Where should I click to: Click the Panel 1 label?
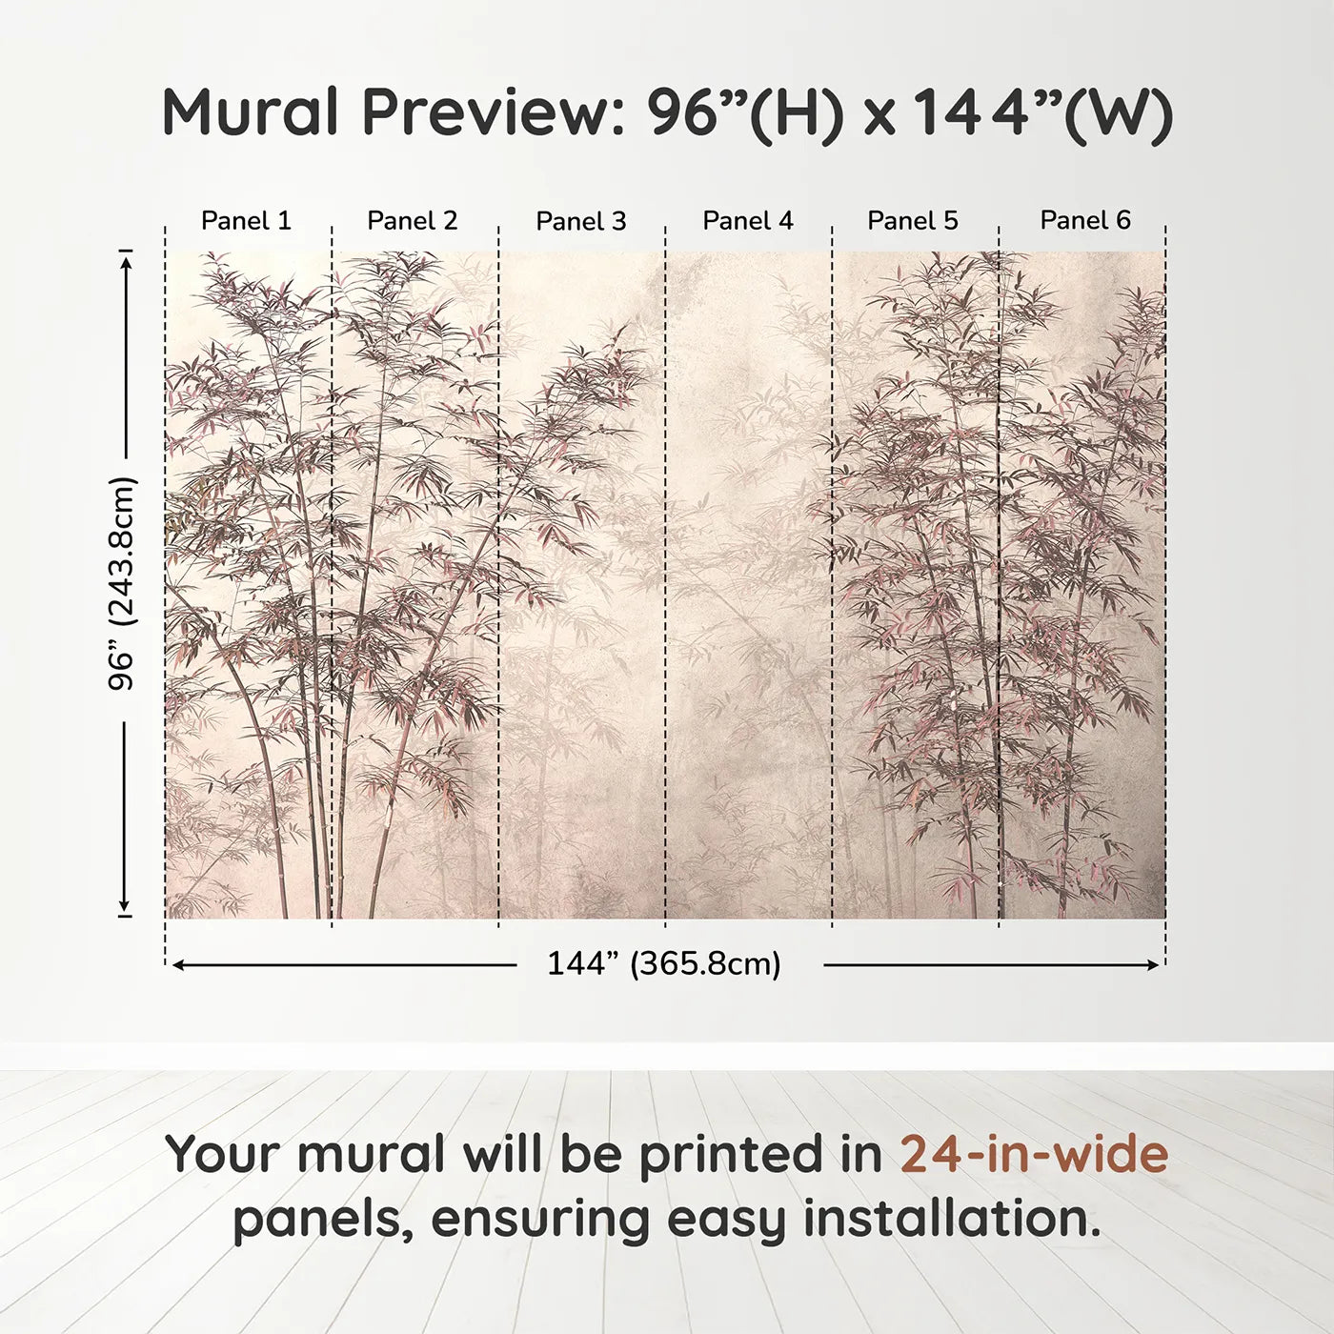tap(246, 221)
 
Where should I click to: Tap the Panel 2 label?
tap(413, 221)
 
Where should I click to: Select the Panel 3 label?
tap(581, 222)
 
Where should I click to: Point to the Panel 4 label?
tap(748, 221)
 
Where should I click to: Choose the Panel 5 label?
tap(913, 221)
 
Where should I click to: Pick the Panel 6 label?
tap(1085, 221)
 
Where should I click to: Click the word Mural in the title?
tap(250, 112)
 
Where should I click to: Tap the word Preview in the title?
tap(492, 112)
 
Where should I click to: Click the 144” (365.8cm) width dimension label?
tap(663, 964)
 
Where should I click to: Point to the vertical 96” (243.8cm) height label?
tap(122, 583)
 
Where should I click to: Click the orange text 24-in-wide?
tap(1034, 1155)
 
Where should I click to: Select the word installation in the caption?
tap(952, 1219)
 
